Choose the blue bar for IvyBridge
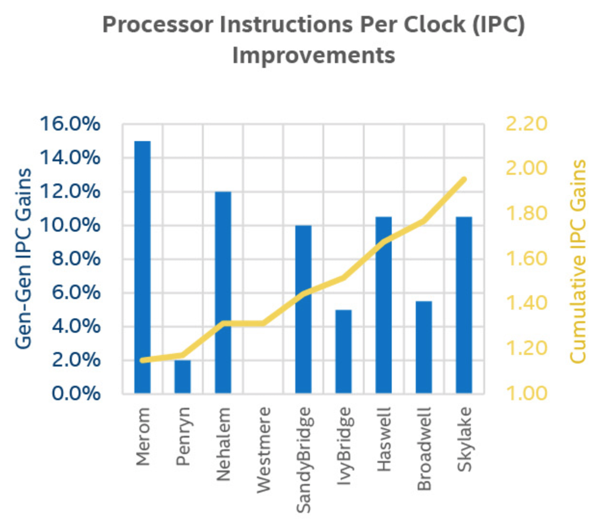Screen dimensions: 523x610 pyautogui.click(x=344, y=352)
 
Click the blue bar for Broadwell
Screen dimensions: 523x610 pyautogui.click(x=424, y=347)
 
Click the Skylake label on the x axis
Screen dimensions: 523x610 pyautogui.click(x=464, y=439)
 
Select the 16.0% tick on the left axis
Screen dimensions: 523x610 pyautogui.click(x=70, y=124)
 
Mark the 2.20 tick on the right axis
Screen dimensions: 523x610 pyautogui.click(x=526, y=124)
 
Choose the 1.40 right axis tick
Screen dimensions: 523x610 pyautogui.click(x=526, y=303)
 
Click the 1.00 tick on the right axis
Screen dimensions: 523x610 pyautogui.click(x=526, y=393)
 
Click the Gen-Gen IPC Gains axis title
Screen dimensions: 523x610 pyautogui.click(x=23, y=259)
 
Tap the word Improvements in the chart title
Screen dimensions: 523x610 pyautogui.click(x=314, y=55)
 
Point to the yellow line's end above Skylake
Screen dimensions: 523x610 pyautogui.click(x=464, y=180)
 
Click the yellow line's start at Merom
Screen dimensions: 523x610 pyautogui.click(x=142, y=360)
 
